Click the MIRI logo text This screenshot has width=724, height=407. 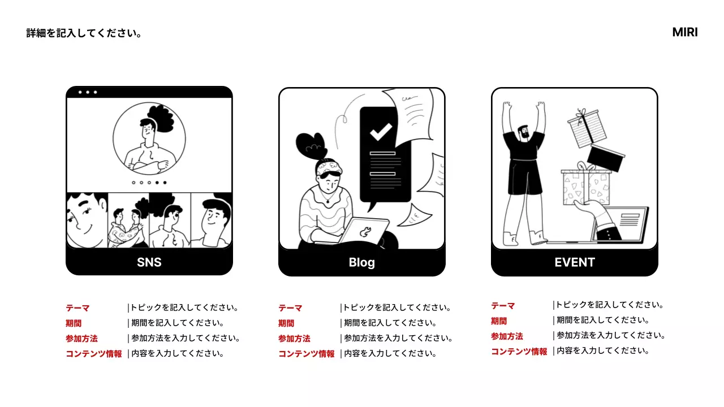(x=684, y=32)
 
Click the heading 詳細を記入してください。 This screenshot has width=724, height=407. (x=84, y=33)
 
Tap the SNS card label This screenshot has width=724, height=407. (x=149, y=262)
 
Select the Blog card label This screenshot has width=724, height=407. (x=362, y=262)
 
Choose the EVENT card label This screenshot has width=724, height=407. (x=575, y=262)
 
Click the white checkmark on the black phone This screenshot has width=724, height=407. (x=381, y=132)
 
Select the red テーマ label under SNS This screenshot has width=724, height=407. (x=77, y=308)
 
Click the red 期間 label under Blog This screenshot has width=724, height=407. (x=286, y=323)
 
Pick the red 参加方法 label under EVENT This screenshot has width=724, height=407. (x=507, y=336)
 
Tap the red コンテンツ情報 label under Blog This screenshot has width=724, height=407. (x=307, y=354)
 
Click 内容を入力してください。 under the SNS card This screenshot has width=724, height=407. (x=178, y=354)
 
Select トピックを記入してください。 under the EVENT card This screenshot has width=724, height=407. (x=609, y=305)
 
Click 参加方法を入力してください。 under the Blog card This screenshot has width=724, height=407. (x=398, y=339)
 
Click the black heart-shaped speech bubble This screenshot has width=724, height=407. (x=311, y=146)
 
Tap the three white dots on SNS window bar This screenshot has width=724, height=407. (x=88, y=92)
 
